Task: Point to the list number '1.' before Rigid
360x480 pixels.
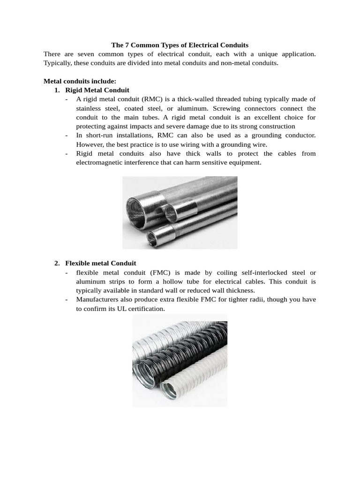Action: click(58, 90)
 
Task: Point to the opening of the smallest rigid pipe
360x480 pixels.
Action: click(152, 236)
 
